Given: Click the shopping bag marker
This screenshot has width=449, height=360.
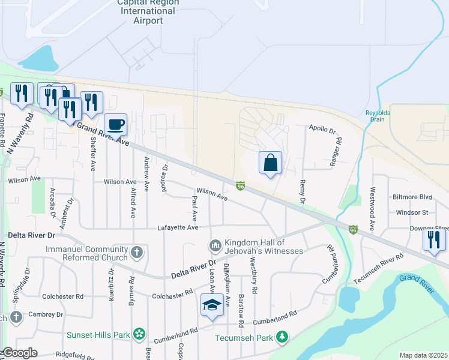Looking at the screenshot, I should point(270,162).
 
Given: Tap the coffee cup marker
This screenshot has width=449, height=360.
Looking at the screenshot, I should point(115,125).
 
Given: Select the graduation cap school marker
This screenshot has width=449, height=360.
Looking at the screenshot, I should point(211,305).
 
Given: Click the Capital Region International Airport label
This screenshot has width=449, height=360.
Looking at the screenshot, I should point(148,11).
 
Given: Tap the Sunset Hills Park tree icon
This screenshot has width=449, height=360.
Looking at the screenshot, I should point(139,333).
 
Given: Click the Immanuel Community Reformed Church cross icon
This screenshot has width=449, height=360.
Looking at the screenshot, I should point(137,252).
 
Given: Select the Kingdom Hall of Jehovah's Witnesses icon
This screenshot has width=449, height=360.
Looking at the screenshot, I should point(215,246).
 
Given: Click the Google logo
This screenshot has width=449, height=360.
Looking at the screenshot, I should point(19,353).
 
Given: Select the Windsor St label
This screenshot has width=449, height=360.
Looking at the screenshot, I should point(412,212).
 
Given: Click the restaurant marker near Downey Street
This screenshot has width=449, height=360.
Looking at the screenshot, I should point(433,239).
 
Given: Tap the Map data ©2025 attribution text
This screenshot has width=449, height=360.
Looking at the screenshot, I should point(423,355).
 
